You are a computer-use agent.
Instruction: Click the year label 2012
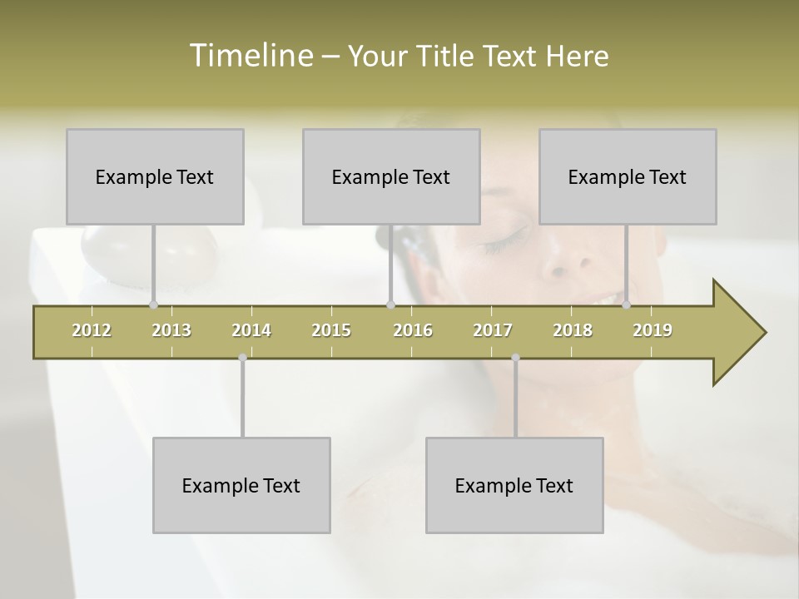pos(92,330)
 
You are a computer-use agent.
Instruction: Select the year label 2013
pos(171,330)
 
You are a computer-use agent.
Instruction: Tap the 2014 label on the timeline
pos(251,330)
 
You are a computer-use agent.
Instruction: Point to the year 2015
pos(331,330)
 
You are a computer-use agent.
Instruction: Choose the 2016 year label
pos(413,330)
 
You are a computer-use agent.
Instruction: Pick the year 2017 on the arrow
pos(493,330)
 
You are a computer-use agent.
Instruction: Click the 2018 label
pos(573,330)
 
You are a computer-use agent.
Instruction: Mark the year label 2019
pos(653,330)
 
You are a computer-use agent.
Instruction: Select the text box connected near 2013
pos(155,176)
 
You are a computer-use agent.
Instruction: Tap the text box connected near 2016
pos(391,176)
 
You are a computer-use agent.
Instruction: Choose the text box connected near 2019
pos(628,176)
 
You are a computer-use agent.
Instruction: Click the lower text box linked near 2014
pos(241,485)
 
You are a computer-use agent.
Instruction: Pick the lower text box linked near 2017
pos(514,485)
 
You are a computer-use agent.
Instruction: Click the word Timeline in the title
pos(251,56)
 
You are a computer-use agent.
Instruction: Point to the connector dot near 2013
pos(153,304)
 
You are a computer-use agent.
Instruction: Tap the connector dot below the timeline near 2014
pos(242,358)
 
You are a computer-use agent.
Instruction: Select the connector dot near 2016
pos(390,304)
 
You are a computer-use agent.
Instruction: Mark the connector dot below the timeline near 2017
pos(515,358)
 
